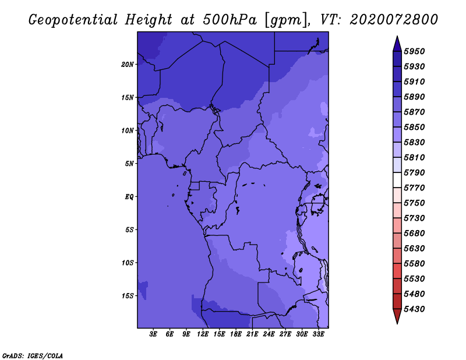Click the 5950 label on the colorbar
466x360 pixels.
pyautogui.click(x=414, y=51)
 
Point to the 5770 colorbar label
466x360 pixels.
pyautogui.click(x=414, y=188)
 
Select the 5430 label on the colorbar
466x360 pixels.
pyautogui.click(x=414, y=309)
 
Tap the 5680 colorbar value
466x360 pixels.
pyautogui.click(x=414, y=234)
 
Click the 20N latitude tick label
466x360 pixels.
pyautogui.click(x=127, y=65)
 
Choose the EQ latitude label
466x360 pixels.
pyautogui.click(x=129, y=197)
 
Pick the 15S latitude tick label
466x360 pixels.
pyautogui.click(x=127, y=296)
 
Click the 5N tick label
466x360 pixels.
pyautogui.click(x=129, y=164)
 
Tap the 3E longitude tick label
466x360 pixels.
pyautogui.click(x=153, y=334)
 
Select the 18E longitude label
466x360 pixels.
pyautogui.click(x=236, y=334)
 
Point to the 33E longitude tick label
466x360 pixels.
pyautogui.click(x=318, y=334)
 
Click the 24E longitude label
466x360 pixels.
pyautogui.click(x=269, y=334)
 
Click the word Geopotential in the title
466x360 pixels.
pyautogui.click(x=73, y=20)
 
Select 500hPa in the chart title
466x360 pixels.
pyautogui.click(x=230, y=20)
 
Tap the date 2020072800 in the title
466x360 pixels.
pyautogui.click(x=394, y=20)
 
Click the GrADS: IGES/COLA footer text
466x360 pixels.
pyautogui.click(x=33, y=356)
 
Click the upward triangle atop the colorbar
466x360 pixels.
pyautogui.click(x=397, y=44)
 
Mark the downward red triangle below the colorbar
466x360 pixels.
pyautogui.click(x=397, y=316)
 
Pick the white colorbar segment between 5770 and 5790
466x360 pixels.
pyautogui.click(x=397, y=180)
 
